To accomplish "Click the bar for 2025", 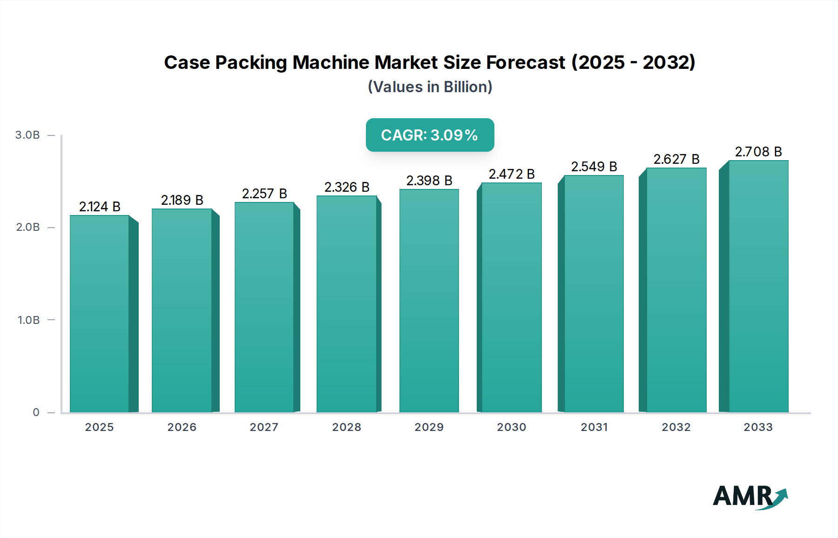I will [x=99, y=314].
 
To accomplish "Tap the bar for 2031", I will [x=594, y=294].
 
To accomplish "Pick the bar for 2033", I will [x=758, y=286].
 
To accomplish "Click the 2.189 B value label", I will [x=182, y=200].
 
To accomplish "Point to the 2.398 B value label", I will [x=429, y=181].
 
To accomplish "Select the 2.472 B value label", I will [x=512, y=174].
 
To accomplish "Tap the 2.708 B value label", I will [x=758, y=152].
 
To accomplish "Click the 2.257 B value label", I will [x=264, y=194].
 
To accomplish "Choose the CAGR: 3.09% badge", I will [x=430, y=135].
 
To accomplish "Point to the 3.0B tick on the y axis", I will [x=28, y=135].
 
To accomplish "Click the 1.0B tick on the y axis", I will [x=29, y=320].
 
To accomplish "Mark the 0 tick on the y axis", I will [x=36, y=412].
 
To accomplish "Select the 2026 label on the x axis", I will [x=182, y=427].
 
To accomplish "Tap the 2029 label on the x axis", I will [x=429, y=427].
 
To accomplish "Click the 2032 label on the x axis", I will [x=676, y=427].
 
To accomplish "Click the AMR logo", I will [x=750, y=497].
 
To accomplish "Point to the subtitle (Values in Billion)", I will [x=430, y=87].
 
